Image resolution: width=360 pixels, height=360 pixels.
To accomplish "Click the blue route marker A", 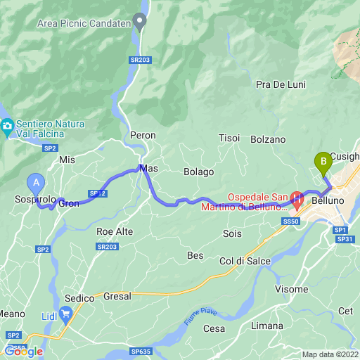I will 36,182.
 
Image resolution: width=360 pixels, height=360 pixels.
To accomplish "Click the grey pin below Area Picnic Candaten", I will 141,23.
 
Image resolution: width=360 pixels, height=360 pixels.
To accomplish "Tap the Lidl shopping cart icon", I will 67,313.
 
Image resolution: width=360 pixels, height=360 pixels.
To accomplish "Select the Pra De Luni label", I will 281,84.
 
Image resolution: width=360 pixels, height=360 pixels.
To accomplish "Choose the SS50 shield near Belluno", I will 291,221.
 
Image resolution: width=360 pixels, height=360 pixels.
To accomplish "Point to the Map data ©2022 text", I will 330,354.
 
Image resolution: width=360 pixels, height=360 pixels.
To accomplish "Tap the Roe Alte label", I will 115,231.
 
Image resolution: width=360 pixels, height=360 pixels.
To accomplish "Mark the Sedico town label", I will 79,298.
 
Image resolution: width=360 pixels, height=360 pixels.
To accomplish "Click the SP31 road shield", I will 345,239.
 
